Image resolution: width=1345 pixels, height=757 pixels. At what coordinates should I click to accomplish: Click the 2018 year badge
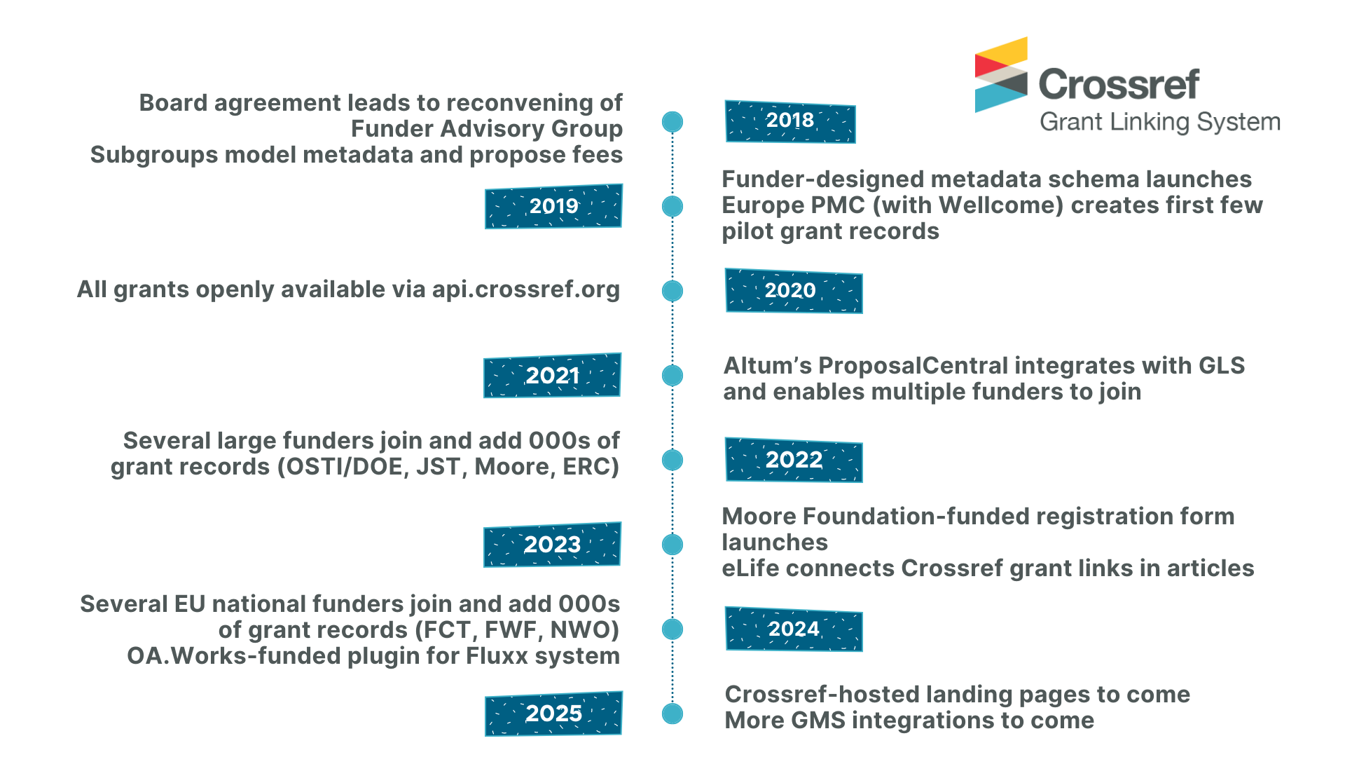point(790,121)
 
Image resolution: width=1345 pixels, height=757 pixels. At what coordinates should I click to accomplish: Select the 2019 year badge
point(553,206)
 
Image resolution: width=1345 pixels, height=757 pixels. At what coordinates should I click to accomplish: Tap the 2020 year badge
point(793,291)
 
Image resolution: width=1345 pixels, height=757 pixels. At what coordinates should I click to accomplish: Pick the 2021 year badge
point(552,376)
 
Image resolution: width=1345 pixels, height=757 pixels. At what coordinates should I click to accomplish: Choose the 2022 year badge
point(794,460)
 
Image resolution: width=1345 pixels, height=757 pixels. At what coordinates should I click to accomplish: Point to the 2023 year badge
point(552,545)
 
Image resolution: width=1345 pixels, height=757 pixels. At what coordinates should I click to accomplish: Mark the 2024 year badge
point(794,629)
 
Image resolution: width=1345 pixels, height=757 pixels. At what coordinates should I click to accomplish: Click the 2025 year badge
point(553,714)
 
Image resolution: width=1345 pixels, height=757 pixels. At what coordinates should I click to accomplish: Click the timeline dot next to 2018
point(672,122)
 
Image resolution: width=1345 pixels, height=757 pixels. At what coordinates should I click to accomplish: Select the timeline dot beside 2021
point(672,376)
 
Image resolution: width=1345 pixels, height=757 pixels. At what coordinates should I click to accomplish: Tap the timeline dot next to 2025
point(672,714)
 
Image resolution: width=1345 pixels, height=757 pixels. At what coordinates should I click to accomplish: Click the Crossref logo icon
point(1001,75)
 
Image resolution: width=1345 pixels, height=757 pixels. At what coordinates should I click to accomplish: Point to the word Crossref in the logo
point(1119,85)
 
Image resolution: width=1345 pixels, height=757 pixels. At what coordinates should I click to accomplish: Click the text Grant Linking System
point(1159,122)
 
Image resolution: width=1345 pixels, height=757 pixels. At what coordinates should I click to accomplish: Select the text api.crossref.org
point(525,289)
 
